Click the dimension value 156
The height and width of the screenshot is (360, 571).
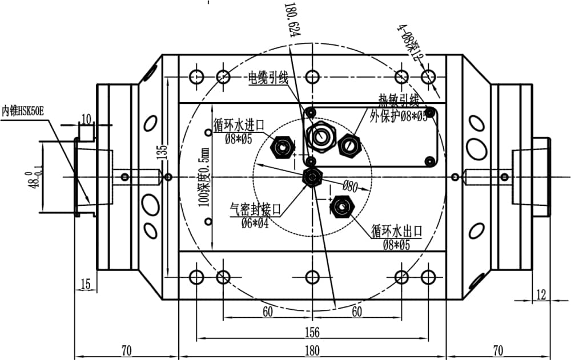(x=312, y=331)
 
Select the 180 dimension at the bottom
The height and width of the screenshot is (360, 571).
(x=312, y=350)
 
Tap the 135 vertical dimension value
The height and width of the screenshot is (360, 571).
(x=163, y=151)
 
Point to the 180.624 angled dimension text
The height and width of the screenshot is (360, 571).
(x=295, y=21)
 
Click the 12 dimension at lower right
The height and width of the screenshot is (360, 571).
(x=541, y=294)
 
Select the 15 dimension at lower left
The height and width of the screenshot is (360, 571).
(x=86, y=284)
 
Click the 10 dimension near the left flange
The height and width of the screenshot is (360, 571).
(x=86, y=119)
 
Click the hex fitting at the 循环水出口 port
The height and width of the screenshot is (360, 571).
(x=342, y=206)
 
